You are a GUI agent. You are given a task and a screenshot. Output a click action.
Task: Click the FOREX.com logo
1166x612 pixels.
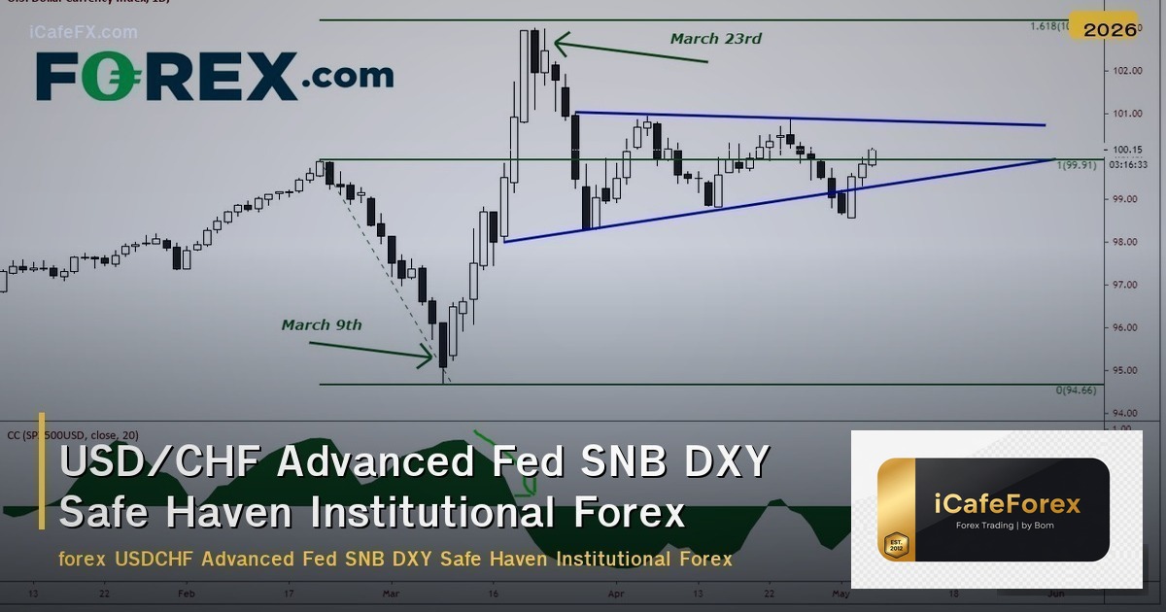(215, 76)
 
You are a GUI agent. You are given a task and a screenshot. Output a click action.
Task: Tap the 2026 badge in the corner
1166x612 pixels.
(1110, 29)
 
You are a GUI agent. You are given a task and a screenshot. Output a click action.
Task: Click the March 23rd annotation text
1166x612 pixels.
(715, 39)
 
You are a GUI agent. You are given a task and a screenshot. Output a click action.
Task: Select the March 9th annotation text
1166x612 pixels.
(321, 324)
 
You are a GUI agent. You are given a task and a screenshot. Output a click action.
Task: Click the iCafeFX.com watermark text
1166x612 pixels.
(84, 32)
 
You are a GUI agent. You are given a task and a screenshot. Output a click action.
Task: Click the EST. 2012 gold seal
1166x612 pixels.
(895, 545)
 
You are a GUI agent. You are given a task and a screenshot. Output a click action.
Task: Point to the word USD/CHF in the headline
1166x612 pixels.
(160, 462)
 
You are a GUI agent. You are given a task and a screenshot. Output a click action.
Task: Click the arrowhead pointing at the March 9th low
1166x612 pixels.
(428, 357)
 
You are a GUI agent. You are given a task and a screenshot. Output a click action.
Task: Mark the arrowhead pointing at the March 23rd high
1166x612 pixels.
(561, 43)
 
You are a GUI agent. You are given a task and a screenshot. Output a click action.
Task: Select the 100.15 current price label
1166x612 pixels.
(1127, 149)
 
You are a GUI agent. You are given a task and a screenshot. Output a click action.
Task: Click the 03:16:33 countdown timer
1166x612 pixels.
(1128, 164)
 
